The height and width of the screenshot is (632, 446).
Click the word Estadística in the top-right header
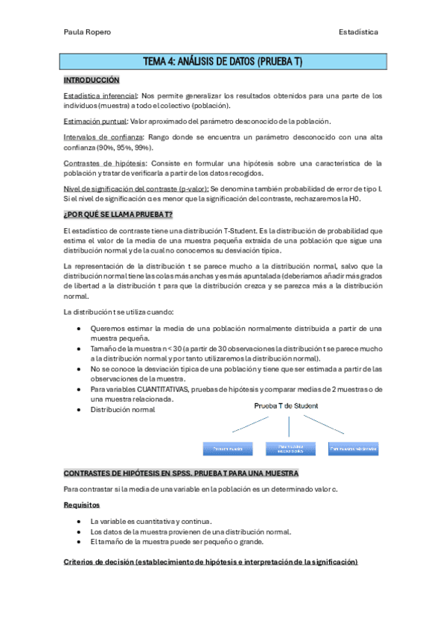point(357,32)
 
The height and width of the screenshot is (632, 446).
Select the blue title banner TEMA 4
point(223,61)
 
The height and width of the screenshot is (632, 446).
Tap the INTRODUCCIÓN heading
point(91,80)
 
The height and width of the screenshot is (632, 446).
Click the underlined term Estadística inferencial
point(100,96)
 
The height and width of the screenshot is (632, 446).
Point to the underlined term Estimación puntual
point(95,121)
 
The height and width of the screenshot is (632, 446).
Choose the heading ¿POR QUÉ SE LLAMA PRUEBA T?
point(118,215)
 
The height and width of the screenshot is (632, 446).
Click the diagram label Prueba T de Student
point(286,406)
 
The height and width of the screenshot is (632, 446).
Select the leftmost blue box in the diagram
point(229,449)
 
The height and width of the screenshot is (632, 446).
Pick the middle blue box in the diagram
point(291,449)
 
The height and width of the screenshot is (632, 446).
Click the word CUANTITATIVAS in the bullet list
point(160,389)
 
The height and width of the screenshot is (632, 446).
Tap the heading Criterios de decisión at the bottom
point(211,561)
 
